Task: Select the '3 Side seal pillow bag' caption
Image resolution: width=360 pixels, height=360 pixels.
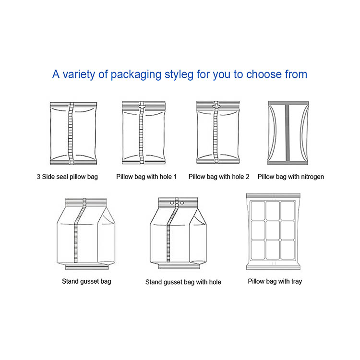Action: (x=67, y=177)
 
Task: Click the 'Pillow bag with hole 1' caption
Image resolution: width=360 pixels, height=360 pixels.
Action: (x=146, y=177)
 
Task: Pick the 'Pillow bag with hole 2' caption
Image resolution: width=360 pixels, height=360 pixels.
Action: (x=219, y=177)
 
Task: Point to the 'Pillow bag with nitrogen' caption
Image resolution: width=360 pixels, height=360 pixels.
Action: (x=290, y=177)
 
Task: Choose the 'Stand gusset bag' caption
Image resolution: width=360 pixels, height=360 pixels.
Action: (x=86, y=281)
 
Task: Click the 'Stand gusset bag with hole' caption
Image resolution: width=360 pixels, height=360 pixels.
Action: (x=183, y=282)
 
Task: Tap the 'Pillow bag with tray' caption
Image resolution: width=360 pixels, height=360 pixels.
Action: (x=275, y=281)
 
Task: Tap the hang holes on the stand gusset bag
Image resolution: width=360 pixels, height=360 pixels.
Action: (x=176, y=204)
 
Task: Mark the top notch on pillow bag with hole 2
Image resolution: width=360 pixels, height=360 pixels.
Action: (x=216, y=103)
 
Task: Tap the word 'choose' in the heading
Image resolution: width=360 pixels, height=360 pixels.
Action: (x=265, y=75)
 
